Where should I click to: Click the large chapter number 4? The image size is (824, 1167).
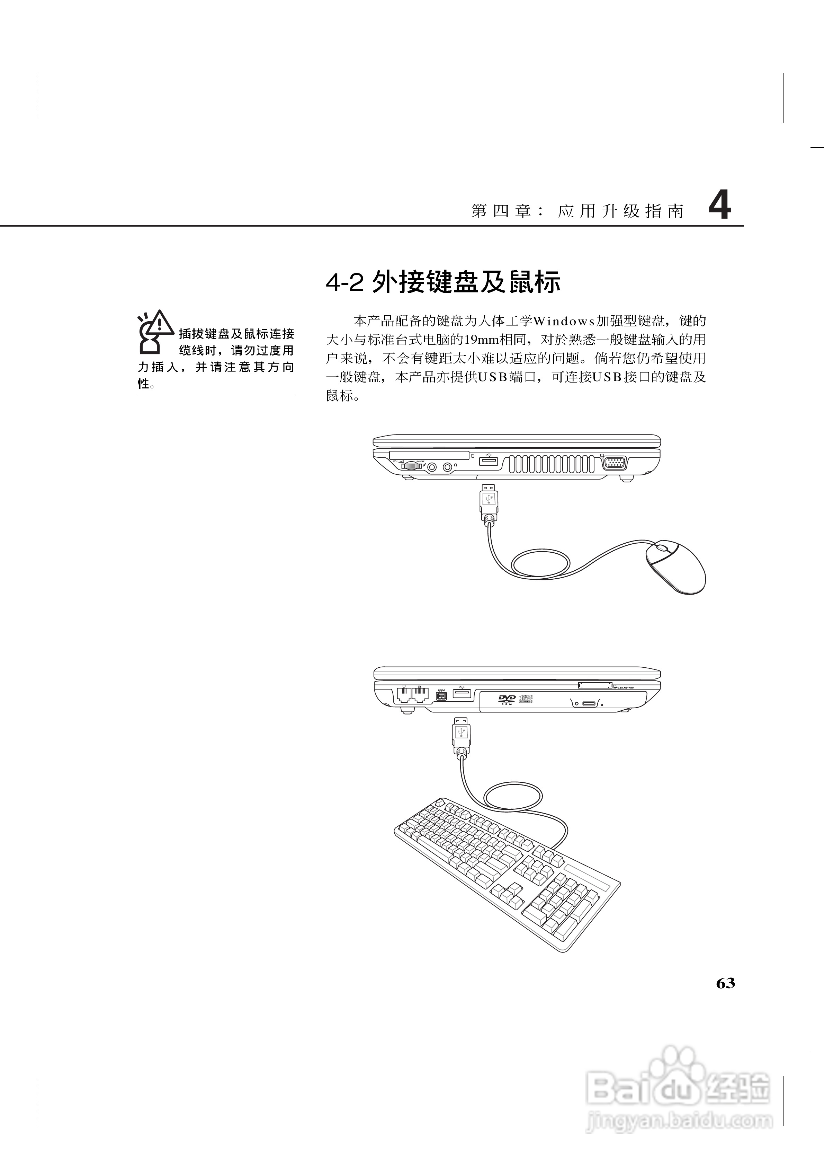coord(719,206)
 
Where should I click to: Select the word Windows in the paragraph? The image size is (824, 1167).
coord(564,321)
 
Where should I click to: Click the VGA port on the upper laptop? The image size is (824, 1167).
coord(614,463)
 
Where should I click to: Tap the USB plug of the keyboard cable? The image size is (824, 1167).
coord(461,734)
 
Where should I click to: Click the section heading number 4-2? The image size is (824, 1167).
coord(345,283)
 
